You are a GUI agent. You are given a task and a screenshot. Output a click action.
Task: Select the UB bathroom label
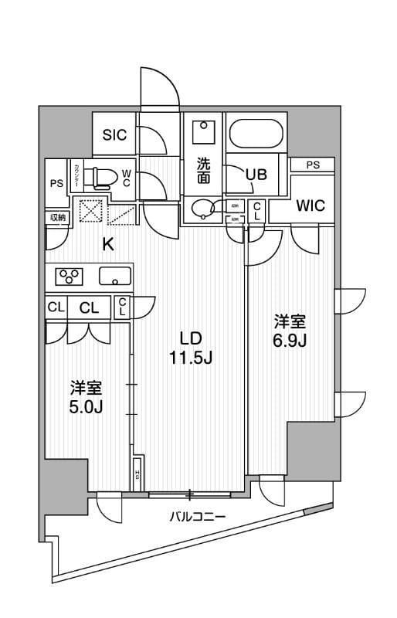click(256, 174)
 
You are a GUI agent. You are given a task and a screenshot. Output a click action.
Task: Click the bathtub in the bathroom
click(258, 137)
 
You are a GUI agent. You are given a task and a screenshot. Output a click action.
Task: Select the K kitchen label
click(108, 245)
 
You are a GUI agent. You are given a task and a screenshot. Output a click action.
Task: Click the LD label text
click(191, 338)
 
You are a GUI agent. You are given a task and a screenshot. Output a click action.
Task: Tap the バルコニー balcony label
click(193, 516)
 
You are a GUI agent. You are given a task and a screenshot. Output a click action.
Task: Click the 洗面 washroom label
click(202, 170)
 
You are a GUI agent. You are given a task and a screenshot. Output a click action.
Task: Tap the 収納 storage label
click(59, 218)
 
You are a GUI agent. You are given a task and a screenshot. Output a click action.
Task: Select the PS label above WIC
click(312, 165)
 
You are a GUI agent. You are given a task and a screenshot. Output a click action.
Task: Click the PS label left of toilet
click(56, 183)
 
